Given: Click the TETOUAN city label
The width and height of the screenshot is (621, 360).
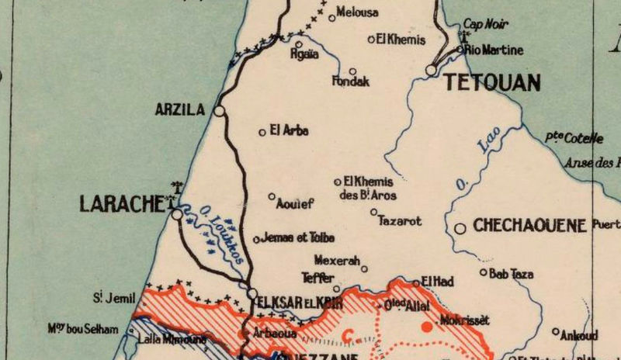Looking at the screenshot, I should (x=493, y=83).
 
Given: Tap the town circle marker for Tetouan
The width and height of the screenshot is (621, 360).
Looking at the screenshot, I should (x=432, y=71).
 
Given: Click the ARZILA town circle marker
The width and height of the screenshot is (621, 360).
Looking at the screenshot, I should (x=220, y=111).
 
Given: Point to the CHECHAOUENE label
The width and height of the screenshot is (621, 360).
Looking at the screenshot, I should (x=529, y=227).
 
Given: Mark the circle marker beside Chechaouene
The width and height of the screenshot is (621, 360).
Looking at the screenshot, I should (x=460, y=229).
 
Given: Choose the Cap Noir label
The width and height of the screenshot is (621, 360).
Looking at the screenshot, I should (x=485, y=25).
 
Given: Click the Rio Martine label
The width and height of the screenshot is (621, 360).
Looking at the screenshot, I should (x=494, y=50).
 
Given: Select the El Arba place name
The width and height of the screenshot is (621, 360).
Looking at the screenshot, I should (x=289, y=131).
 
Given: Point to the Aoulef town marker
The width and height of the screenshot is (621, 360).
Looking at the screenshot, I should (x=272, y=196).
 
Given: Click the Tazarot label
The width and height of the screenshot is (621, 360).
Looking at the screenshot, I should (x=399, y=221).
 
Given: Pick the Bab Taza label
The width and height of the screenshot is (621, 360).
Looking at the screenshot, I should (x=512, y=274).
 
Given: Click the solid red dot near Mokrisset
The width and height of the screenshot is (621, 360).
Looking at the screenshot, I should (x=425, y=327).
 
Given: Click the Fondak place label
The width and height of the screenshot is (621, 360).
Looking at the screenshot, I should (x=351, y=81).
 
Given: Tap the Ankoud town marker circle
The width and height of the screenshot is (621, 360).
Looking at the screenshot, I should (x=556, y=331).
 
